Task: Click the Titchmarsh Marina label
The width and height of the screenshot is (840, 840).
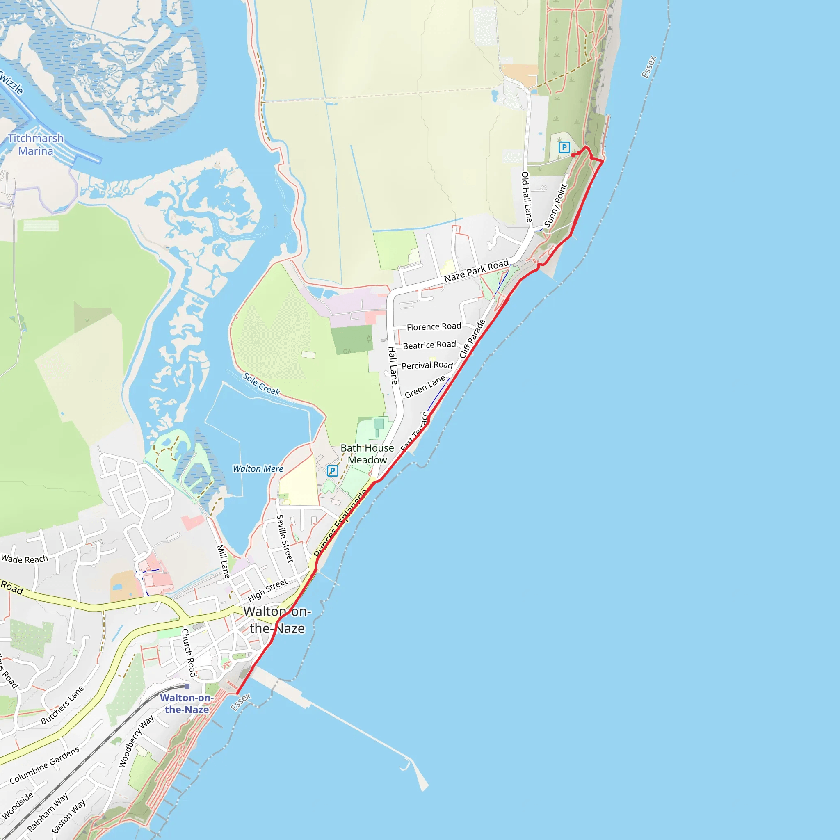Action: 36,145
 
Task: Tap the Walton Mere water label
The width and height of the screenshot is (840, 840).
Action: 258,469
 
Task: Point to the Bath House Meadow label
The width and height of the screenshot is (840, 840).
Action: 367,454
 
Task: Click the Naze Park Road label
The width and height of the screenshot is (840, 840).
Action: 476,270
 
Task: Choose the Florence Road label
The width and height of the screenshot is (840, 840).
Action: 434,326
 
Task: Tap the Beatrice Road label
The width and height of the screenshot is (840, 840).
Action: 429,345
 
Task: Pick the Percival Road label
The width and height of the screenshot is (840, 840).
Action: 427,365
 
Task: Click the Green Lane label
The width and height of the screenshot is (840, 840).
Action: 425,386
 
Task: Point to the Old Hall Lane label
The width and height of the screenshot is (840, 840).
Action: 527,197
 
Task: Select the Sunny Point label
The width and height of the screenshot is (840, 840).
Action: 556,205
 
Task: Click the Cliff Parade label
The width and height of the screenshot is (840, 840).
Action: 472,339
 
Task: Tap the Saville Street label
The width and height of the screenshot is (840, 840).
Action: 285,538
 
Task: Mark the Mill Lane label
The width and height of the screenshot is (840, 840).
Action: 224,562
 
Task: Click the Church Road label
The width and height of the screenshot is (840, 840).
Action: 189,653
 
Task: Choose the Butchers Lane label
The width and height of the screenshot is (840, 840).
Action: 62,705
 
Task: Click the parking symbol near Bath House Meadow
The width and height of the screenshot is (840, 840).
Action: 332,471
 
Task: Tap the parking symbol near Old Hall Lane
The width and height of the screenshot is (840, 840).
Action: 564,147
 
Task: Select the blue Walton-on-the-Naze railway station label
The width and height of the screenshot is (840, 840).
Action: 187,703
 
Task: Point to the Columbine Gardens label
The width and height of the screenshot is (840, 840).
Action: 44,765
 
